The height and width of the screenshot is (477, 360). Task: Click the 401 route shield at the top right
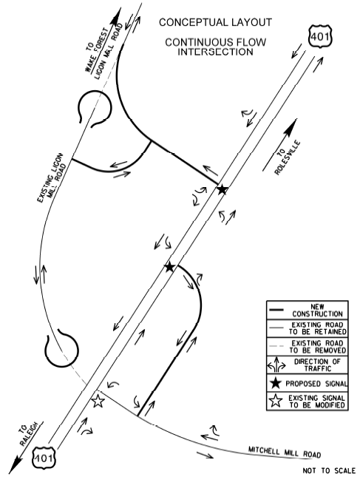[321, 37]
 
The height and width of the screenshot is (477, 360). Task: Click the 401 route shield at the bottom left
[44, 457]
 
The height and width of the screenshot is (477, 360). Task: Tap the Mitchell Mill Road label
[285, 453]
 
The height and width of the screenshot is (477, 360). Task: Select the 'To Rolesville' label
[288, 158]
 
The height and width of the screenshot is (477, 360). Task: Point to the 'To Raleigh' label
[27, 433]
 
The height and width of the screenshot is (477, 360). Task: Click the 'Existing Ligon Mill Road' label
[52, 177]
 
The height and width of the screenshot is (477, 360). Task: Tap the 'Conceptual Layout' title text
[215, 22]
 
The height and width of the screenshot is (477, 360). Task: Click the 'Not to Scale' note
[329, 470]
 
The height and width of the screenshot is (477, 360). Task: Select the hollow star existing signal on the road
[98, 400]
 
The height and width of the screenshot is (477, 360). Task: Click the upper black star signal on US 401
[223, 189]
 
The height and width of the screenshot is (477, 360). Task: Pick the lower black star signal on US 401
[169, 267]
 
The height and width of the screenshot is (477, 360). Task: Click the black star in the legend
[276, 382]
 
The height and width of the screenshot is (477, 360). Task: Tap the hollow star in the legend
[276, 401]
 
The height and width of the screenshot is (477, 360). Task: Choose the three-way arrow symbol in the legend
[276, 365]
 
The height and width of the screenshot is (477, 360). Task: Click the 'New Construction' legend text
[317, 310]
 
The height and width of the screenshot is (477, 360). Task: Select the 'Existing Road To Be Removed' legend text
[317, 347]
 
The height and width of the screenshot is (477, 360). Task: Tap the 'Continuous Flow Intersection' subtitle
[215, 47]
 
